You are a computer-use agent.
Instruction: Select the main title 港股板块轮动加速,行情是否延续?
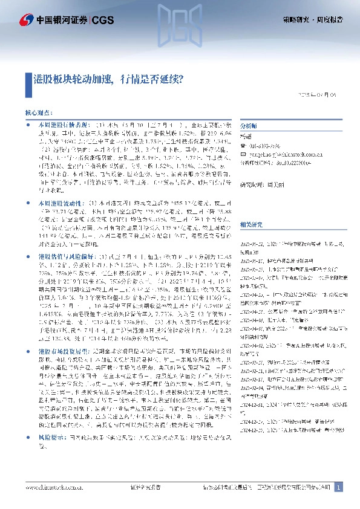coord(108,79)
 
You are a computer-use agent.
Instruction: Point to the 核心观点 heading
coord(38,112)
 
